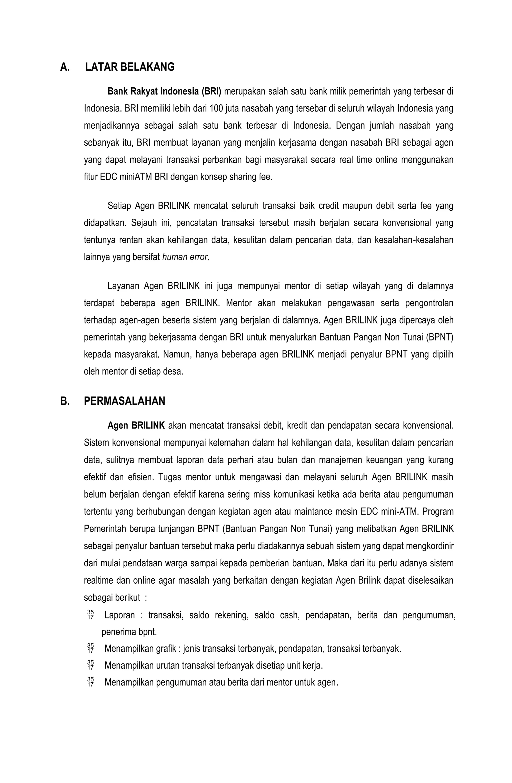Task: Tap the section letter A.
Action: pyautogui.click(x=65, y=67)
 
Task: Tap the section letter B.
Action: pyautogui.click(x=65, y=401)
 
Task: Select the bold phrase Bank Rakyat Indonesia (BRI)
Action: pyautogui.click(x=164, y=91)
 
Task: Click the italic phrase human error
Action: pyautogui.click(x=185, y=257)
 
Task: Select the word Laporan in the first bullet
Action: pyautogui.click(x=119, y=615)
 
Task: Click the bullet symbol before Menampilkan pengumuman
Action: pyautogui.click(x=90, y=683)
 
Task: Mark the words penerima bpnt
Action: pyautogui.click(x=129, y=632)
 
